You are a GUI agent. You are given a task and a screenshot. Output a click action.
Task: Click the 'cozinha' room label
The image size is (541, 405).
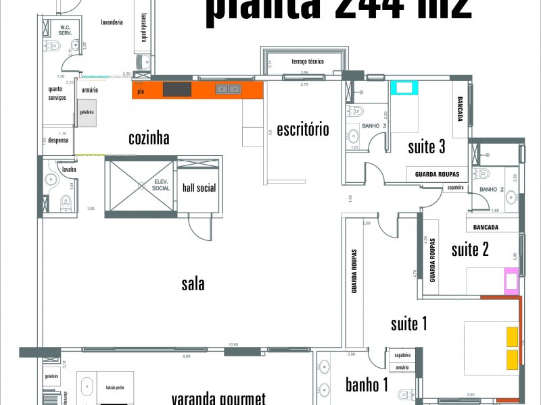pos(149,138)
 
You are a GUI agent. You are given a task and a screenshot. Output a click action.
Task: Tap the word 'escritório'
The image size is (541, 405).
pos(302,128)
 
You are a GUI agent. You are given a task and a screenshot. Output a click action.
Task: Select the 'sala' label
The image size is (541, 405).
pos(193,284)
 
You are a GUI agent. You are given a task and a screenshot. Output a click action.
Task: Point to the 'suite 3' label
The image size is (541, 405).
pos(427,146)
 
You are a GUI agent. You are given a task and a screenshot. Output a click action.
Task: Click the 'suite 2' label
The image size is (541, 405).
pos(470,250)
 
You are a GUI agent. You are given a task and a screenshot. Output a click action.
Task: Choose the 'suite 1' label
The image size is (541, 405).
pos(409,324)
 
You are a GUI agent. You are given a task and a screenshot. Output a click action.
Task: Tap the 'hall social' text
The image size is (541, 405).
pos(199,188)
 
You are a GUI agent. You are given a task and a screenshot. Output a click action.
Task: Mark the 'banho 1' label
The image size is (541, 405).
pos(367,385)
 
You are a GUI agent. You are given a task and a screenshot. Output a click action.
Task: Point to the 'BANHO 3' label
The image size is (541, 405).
pos(374,126)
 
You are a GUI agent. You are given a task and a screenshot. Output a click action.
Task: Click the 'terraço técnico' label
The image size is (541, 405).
pos(308,61)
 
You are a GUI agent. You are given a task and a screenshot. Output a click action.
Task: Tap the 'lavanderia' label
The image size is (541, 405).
pos(112,22)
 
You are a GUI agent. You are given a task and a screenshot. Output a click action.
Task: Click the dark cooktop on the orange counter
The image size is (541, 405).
pos(177,89)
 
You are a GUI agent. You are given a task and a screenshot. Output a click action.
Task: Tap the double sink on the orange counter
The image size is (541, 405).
pos(228,89)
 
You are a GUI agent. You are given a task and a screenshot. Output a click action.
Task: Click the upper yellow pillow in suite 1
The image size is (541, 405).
pos(512,335)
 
